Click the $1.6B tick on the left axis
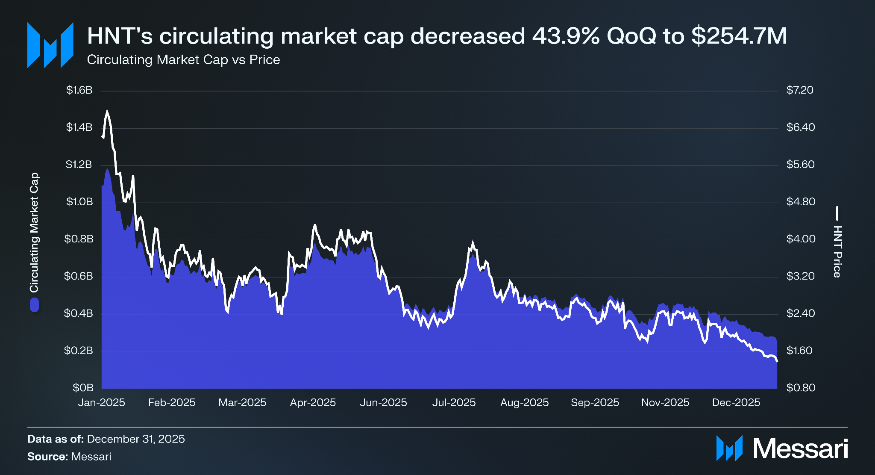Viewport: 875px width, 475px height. pyautogui.click(x=79, y=90)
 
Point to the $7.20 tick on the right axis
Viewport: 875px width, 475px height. pyautogui.click(x=800, y=90)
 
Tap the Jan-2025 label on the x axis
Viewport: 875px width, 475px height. pyautogui.click(x=102, y=402)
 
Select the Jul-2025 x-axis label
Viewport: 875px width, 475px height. pyautogui.click(x=454, y=402)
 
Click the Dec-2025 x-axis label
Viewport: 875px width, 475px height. pyautogui.click(x=736, y=402)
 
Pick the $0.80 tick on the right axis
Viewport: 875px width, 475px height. pyautogui.click(x=801, y=388)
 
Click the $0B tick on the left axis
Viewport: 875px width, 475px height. pyautogui.click(x=83, y=388)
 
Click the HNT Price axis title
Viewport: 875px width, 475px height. pyautogui.click(x=837, y=251)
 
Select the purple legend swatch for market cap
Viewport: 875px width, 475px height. pyautogui.click(x=34, y=305)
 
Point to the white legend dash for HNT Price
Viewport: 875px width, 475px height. pyautogui.click(x=837, y=213)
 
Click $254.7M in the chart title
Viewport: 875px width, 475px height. pyautogui.click(x=739, y=36)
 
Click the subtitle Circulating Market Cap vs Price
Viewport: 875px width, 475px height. pyautogui.click(x=183, y=60)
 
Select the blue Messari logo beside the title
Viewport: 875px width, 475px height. pyautogui.click(x=50, y=45)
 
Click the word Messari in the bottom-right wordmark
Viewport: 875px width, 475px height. pyautogui.click(x=800, y=448)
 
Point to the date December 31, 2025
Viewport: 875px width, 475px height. pyautogui.click(x=136, y=439)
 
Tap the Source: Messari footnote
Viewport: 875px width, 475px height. pyautogui.click(x=69, y=457)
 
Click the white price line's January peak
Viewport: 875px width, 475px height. pyautogui.click(x=107, y=111)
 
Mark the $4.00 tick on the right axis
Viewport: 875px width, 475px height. pyautogui.click(x=801, y=239)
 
